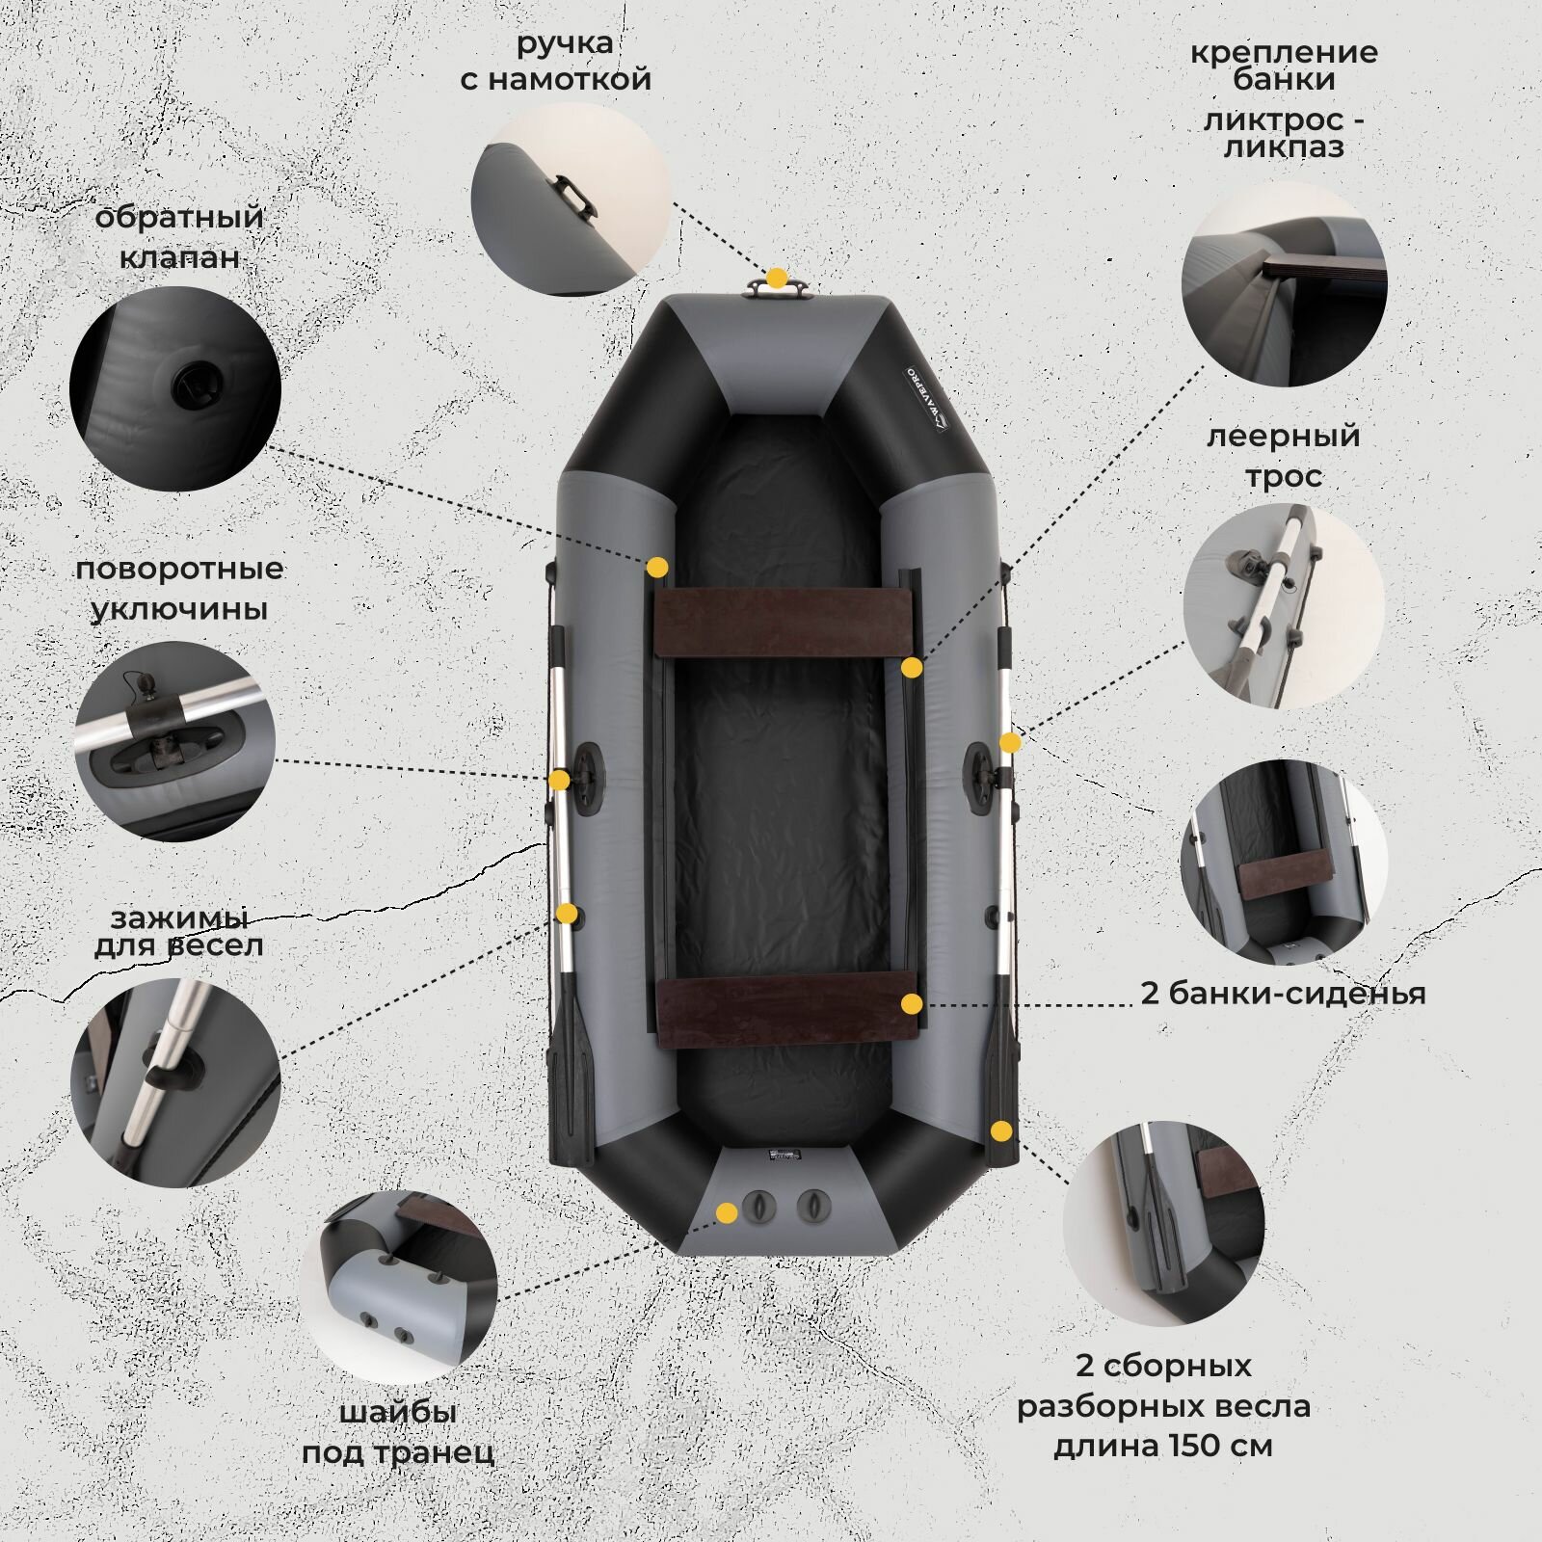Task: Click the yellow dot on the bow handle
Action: click(775, 279)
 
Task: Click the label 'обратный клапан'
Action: click(179, 237)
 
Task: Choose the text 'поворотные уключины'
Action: click(180, 588)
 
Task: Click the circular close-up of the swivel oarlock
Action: click(174, 741)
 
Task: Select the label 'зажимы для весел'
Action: click(178, 932)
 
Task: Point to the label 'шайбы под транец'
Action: click(398, 1432)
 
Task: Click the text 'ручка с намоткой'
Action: click(556, 61)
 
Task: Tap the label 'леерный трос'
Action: click(1283, 455)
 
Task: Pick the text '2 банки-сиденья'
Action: click(1283, 993)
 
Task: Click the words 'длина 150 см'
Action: click(1163, 1446)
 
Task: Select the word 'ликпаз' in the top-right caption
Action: click(1284, 147)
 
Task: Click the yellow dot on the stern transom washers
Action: click(726, 1211)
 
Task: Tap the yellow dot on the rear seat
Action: click(910, 1004)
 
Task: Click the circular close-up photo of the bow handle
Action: click(571, 200)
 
